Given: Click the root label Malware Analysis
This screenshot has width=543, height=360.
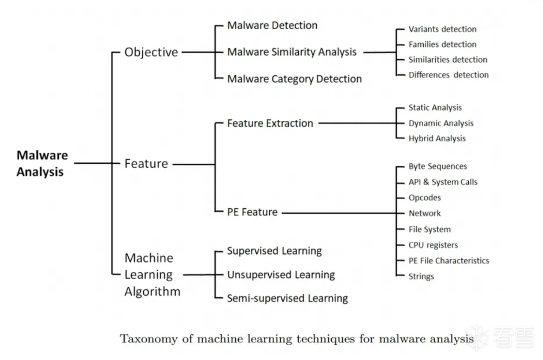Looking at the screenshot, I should (x=42, y=163).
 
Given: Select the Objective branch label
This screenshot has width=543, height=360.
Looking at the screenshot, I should (x=151, y=52).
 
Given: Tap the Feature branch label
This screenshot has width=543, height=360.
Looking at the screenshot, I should (x=146, y=164).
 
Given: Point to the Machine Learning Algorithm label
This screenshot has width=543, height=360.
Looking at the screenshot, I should (x=152, y=274).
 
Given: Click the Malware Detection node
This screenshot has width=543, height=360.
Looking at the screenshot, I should (x=272, y=26).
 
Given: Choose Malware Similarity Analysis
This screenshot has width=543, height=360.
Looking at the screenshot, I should (x=292, y=52).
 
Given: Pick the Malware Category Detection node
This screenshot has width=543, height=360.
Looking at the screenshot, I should (x=294, y=79).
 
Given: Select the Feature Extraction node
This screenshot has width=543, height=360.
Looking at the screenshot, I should (x=270, y=123).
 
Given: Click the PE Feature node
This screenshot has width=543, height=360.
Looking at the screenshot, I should (x=252, y=212).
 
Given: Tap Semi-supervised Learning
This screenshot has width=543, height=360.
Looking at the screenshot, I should (x=287, y=298).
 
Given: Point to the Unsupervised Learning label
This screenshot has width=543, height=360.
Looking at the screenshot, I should (x=281, y=275).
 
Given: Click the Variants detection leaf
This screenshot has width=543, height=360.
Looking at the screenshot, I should (x=442, y=29).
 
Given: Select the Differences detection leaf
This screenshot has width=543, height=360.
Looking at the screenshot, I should (x=448, y=75).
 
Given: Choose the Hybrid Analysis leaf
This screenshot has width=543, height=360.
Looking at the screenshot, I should (x=437, y=139).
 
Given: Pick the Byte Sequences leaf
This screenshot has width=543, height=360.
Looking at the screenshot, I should (x=438, y=166).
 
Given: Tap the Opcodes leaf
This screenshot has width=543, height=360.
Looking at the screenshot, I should (x=424, y=197).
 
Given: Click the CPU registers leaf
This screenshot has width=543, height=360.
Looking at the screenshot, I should (x=433, y=245).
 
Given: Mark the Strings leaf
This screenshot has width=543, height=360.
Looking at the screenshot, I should (x=421, y=276).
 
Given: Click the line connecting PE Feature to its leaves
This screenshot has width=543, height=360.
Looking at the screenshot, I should (x=338, y=213).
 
